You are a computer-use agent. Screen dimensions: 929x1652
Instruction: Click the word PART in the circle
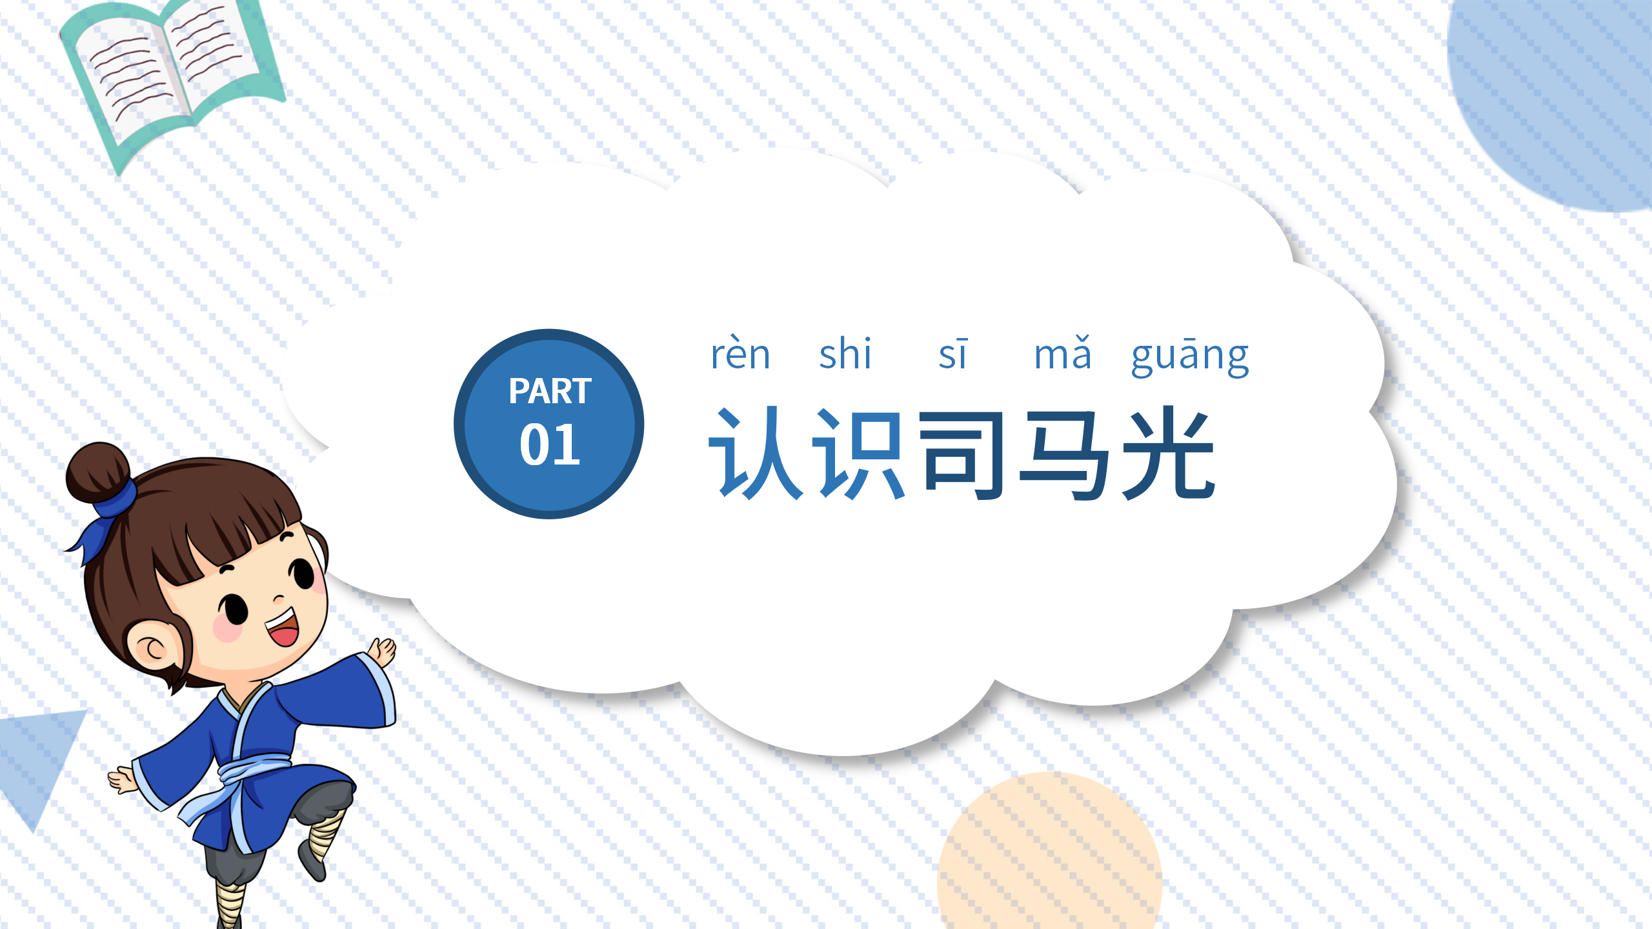550,391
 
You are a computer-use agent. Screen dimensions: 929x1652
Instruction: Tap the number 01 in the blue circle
550,445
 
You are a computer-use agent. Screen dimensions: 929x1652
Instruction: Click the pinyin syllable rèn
740,354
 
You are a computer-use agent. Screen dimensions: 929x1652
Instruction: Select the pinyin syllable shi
845,354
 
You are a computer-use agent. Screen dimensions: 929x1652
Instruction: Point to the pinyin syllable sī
953,354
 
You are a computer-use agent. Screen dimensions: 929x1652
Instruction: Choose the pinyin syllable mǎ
1062,354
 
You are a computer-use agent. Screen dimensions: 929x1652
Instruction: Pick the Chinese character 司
962,455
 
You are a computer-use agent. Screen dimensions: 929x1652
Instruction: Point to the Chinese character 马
1065,455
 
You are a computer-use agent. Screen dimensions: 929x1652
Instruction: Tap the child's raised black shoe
312,861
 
